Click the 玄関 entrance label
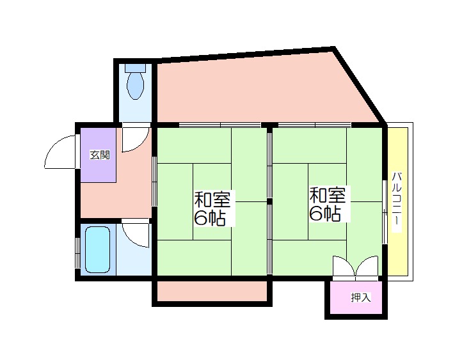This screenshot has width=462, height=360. [x=100, y=155]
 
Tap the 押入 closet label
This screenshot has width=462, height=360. [x=361, y=297]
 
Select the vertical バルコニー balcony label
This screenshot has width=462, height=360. [x=397, y=200]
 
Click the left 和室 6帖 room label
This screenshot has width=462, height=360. [x=212, y=208]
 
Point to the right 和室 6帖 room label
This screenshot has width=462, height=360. [x=328, y=204]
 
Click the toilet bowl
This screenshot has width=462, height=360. [x=135, y=86]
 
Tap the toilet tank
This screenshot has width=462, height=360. [x=136, y=68]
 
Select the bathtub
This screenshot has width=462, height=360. [x=97, y=249]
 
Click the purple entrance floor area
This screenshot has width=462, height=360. [x=98, y=155]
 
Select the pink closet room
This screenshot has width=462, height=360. [x=356, y=297]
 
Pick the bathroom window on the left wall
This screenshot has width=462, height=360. [x=77, y=253]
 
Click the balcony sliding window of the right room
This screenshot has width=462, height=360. [x=385, y=212]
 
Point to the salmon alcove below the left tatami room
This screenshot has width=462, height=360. [x=212, y=291]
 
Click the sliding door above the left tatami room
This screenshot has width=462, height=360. [x=220, y=125]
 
